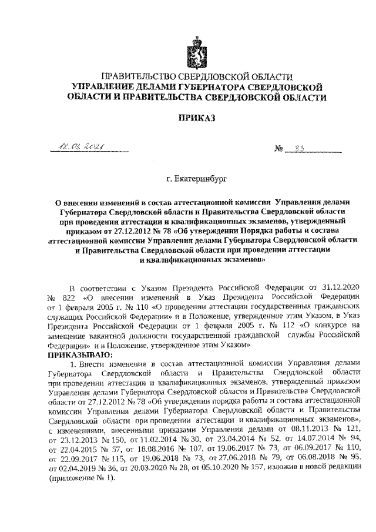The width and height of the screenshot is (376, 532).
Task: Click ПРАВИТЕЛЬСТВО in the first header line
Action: [x=139, y=77]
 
